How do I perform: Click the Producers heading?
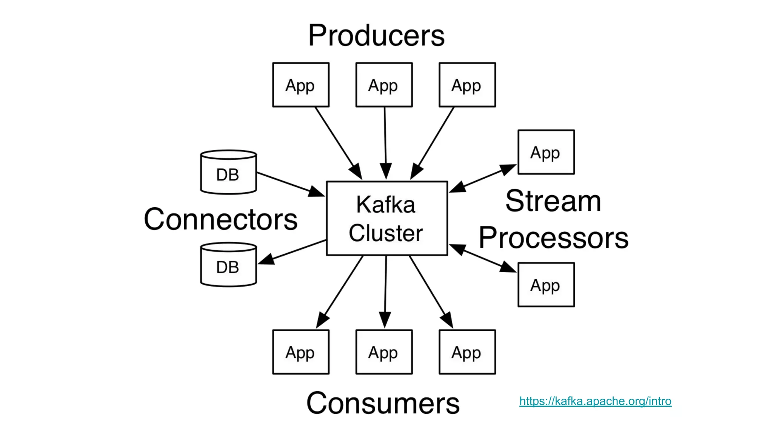click(376, 36)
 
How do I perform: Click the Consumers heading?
click(383, 403)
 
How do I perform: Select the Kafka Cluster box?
click(387, 218)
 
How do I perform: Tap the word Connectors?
click(220, 219)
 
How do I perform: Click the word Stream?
click(553, 201)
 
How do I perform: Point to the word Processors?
click(553, 238)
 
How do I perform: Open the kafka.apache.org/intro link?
click(595, 401)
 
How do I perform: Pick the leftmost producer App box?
click(301, 85)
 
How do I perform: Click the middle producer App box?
click(384, 85)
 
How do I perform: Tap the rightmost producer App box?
click(467, 85)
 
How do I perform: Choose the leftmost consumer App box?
click(301, 352)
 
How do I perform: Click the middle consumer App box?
click(384, 352)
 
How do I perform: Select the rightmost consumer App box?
click(467, 352)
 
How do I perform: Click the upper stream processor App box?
click(546, 152)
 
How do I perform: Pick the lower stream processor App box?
click(546, 285)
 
